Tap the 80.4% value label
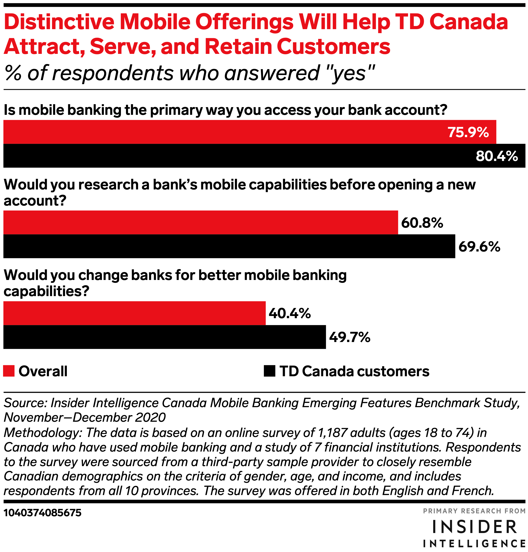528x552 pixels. click(x=497, y=156)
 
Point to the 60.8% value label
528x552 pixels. click(x=422, y=223)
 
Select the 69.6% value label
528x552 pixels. click(x=479, y=247)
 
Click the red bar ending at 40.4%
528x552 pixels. click(x=135, y=313)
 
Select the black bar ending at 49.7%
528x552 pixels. click(x=165, y=337)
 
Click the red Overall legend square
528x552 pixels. click(x=9, y=371)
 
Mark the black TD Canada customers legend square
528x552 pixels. click(x=269, y=371)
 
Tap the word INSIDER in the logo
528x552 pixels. click(x=475, y=527)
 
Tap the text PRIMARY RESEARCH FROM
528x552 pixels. click(x=474, y=511)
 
